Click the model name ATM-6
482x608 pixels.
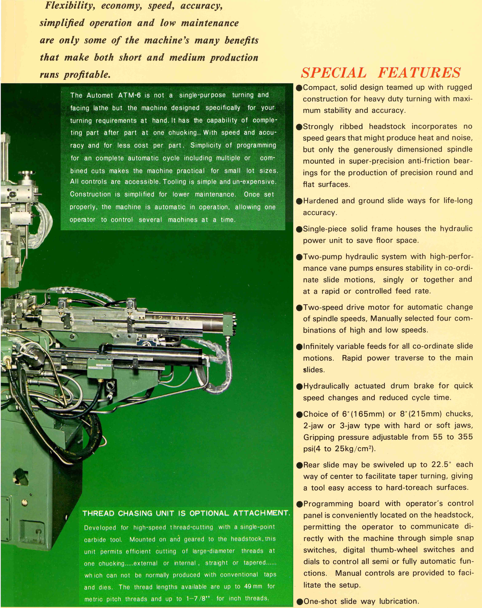pyautogui.click(x=129, y=95)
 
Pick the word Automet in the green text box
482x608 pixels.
pyautogui.click(x=100, y=95)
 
